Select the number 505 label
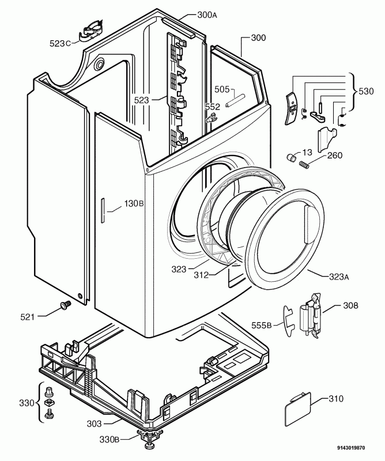pyautogui.click(x=222, y=89)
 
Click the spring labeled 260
pyautogui.click(x=303, y=166)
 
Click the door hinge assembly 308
pyautogui.click(x=312, y=319)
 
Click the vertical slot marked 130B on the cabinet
pyautogui.click(x=101, y=209)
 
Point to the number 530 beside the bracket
pyautogui.click(x=365, y=92)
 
